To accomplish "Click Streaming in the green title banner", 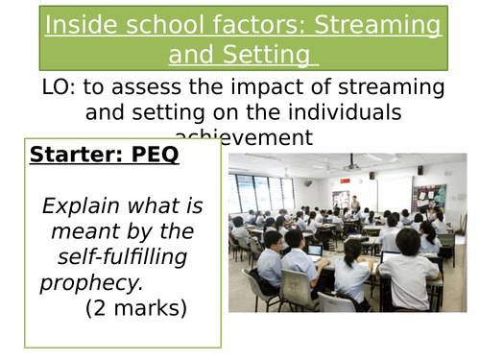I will pos(369,24).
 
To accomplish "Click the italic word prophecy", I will pos(84,283).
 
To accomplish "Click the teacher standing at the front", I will pos(354,205).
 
